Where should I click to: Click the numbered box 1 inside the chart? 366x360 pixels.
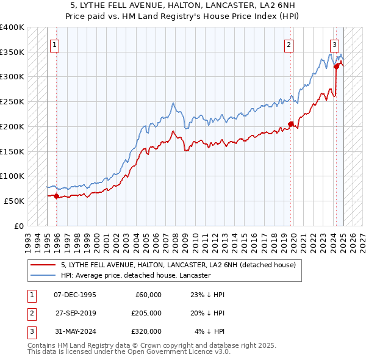pyautogui.click(x=55, y=44)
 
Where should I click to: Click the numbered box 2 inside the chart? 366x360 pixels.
pyautogui.click(x=288, y=44)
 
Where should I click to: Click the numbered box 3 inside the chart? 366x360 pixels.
pyautogui.click(x=335, y=44)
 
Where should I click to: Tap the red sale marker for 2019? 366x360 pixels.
pyautogui.click(x=291, y=124)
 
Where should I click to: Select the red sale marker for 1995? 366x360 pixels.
pyautogui.click(x=57, y=196)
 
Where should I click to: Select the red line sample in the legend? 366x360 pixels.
pyautogui.click(x=45, y=265)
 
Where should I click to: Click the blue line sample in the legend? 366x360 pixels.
pyautogui.click(x=45, y=275)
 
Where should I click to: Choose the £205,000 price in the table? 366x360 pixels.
pyautogui.click(x=146, y=313)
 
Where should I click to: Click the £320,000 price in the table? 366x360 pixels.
pyautogui.click(x=146, y=331)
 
